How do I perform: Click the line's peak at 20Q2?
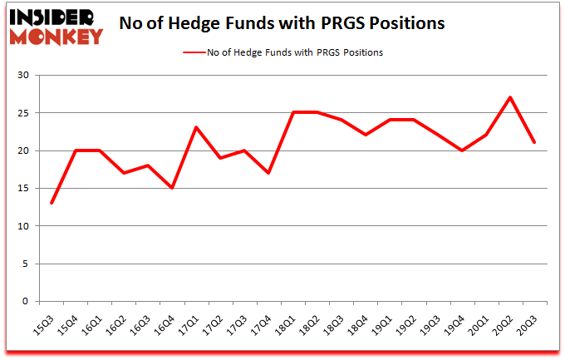point(510,97)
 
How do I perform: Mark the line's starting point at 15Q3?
point(52,203)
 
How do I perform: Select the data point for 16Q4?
point(172,188)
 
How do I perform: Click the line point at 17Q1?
point(196,127)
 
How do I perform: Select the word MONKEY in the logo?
point(56,36)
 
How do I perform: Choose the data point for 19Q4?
point(462,150)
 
